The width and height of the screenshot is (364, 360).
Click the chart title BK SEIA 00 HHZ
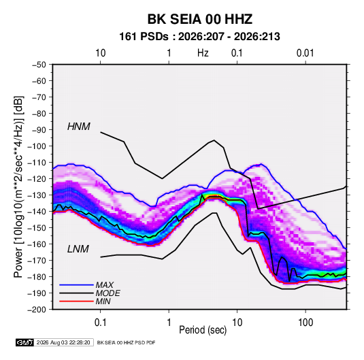click(199, 19)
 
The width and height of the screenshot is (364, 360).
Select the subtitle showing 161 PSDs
click(199, 37)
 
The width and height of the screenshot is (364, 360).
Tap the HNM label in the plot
click(79, 127)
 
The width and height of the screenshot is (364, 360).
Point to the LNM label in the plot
click(78, 249)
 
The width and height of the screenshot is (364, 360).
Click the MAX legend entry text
click(105, 285)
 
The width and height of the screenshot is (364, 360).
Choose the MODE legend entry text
click(107, 293)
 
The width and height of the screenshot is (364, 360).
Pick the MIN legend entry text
click(103, 301)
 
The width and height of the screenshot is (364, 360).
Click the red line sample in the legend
click(76, 301)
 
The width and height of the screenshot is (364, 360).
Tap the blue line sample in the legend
click(76, 285)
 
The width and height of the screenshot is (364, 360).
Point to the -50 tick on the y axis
click(39, 65)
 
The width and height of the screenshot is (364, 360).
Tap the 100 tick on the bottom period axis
click(305, 323)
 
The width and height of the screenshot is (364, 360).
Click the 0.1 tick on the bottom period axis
click(100, 323)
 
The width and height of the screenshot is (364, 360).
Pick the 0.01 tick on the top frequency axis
click(305, 53)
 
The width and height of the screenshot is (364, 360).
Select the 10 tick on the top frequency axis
click(101, 53)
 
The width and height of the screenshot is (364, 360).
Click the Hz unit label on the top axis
click(203, 53)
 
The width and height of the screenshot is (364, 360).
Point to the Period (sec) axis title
click(203, 330)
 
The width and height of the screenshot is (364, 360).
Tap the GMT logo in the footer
click(24, 342)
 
